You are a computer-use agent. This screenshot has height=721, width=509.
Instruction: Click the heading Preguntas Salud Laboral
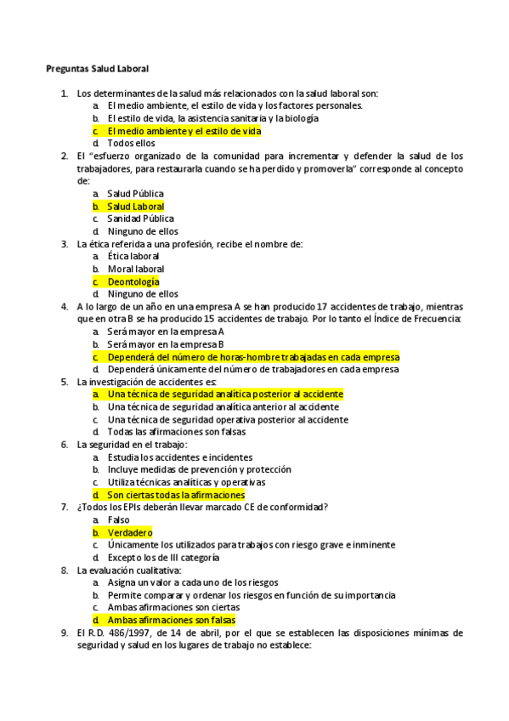pos(98,68)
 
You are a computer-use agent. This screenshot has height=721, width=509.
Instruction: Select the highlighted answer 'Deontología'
pos(133,281)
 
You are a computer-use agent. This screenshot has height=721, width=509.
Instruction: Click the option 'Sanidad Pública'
pos(140,219)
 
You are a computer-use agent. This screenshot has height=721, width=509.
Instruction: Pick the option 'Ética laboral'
pos(133,256)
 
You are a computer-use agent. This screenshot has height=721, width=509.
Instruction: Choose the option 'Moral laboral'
pos(136,269)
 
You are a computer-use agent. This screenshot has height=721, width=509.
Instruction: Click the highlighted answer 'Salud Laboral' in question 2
pos(135,207)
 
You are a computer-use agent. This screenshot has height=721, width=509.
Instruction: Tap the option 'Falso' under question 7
pos(118,519)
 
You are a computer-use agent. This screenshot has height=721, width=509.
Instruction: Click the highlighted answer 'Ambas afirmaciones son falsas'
pos(171,620)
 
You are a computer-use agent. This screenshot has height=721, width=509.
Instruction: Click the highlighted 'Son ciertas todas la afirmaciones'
pos(175,495)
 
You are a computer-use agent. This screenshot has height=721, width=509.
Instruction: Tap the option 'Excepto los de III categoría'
pos(163,558)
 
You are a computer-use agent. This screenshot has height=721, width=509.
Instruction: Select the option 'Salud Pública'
pos(135,194)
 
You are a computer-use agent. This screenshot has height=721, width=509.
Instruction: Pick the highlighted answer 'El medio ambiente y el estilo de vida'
pos(184,131)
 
